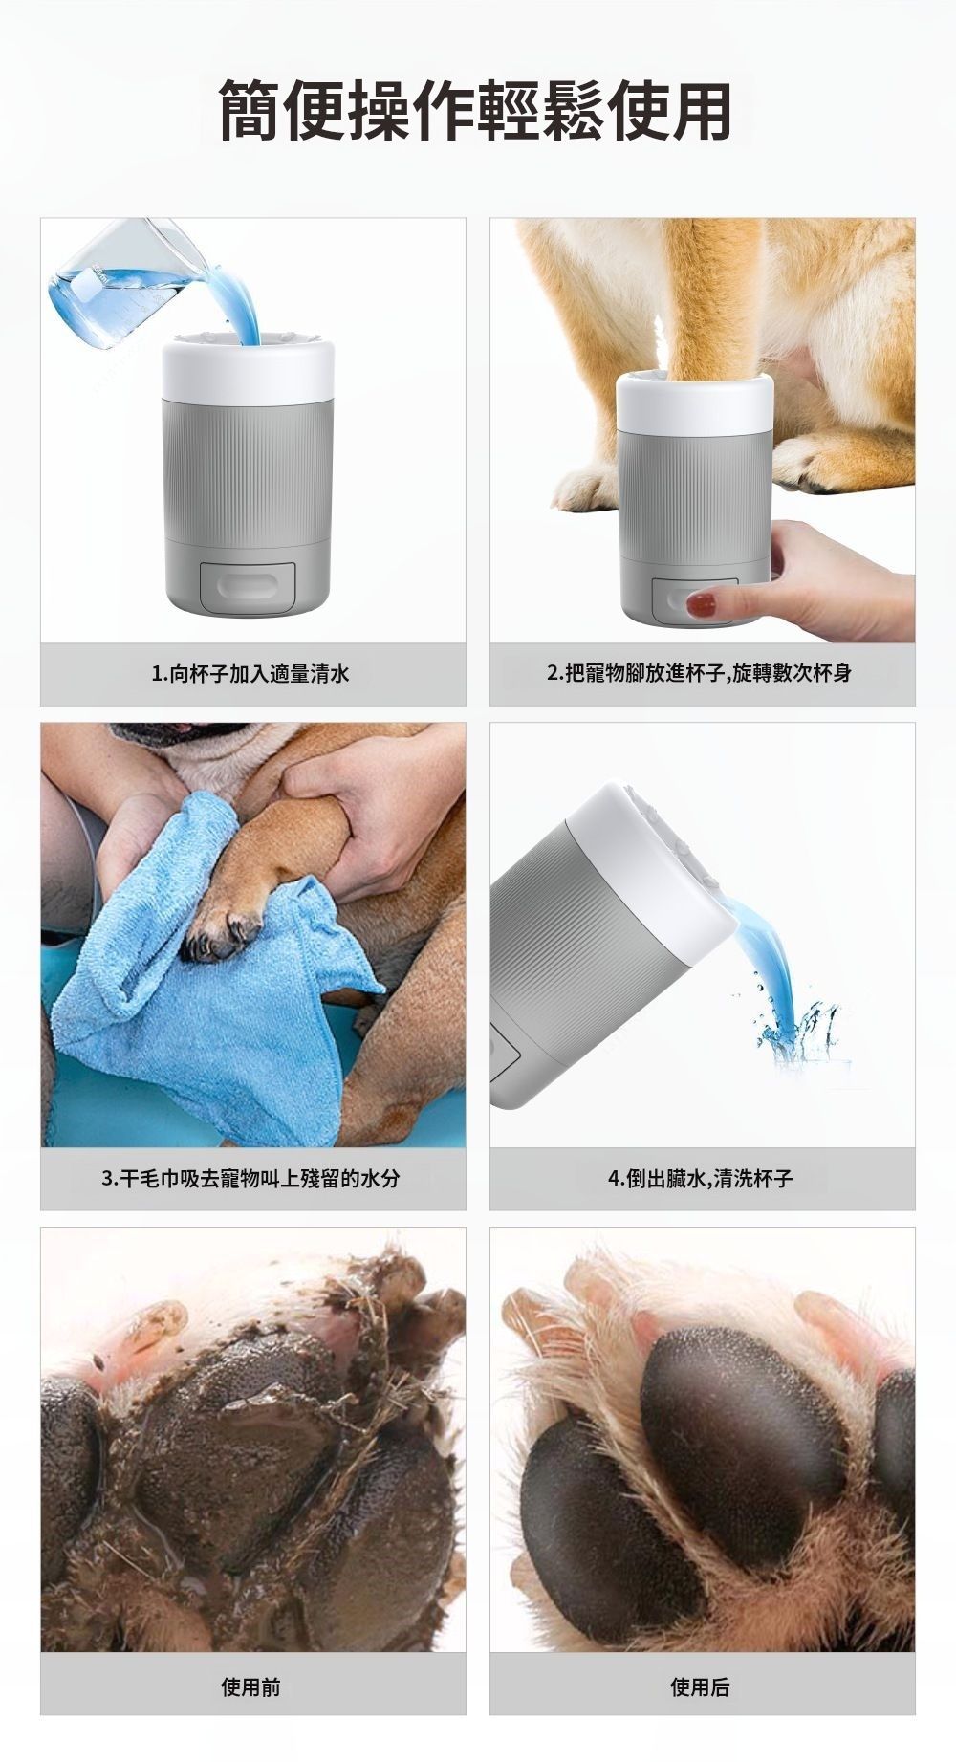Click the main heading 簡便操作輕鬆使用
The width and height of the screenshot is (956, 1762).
pos(475,111)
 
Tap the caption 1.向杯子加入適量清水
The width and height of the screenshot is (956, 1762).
pos(251,674)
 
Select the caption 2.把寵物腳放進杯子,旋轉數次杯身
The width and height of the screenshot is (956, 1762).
pos(701,673)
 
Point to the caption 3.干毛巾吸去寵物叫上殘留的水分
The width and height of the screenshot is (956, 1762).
pos(251,1178)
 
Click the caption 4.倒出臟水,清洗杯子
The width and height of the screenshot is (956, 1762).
pos(701,1178)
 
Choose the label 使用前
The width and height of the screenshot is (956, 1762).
pos(251,1686)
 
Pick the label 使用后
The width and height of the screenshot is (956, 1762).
pos(701,1686)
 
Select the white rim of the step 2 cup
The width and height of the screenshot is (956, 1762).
pos(695,402)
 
